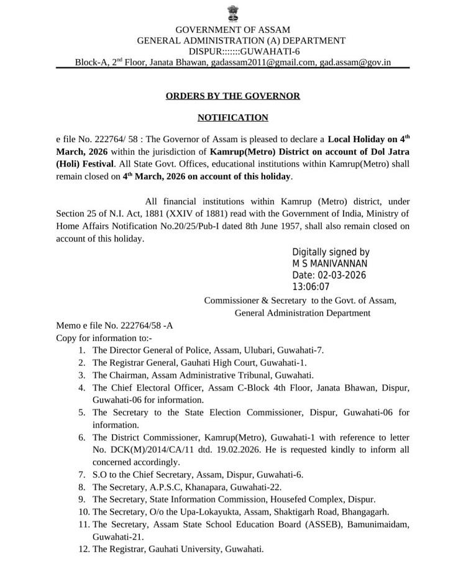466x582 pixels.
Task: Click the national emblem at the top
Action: (233, 12)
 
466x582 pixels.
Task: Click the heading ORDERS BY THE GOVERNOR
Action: (232, 96)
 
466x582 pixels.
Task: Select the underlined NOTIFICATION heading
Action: (232, 117)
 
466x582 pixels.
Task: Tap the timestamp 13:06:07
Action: (311, 287)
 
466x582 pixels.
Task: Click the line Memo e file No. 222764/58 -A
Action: (114, 325)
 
